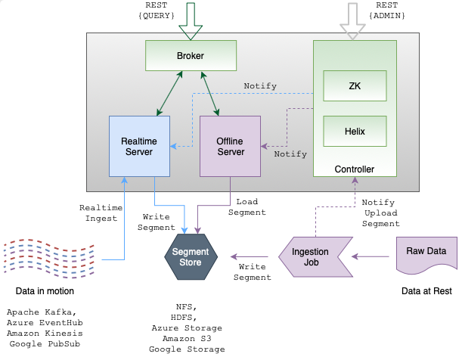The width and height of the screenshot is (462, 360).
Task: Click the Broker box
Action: pyautogui.click(x=191, y=55)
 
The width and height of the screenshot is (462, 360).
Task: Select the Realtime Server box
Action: pyautogui.click(x=139, y=146)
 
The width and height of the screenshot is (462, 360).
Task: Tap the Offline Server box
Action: pyautogui.click(x=230, y=146)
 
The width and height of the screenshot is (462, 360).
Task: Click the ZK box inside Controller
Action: pyautogui.click(x=355, y=85)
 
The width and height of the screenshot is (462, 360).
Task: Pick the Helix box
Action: pyautogui.click(x=355, y=131)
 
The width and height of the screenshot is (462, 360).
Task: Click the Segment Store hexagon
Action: pyautogui.click(x=186, y=257)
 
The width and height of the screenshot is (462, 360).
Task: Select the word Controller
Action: pyautogui.click(x=355, y=169)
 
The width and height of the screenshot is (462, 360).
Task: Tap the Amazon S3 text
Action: pyautogui.click(x=186, y=339)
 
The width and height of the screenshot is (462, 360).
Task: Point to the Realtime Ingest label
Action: pyautogui.click(x=98, y=213)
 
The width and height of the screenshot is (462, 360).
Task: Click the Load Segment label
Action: pyautogui.click(x=251, y=207)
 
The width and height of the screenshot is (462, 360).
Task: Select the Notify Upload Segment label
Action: pyautogui.click(x=380, y=213)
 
